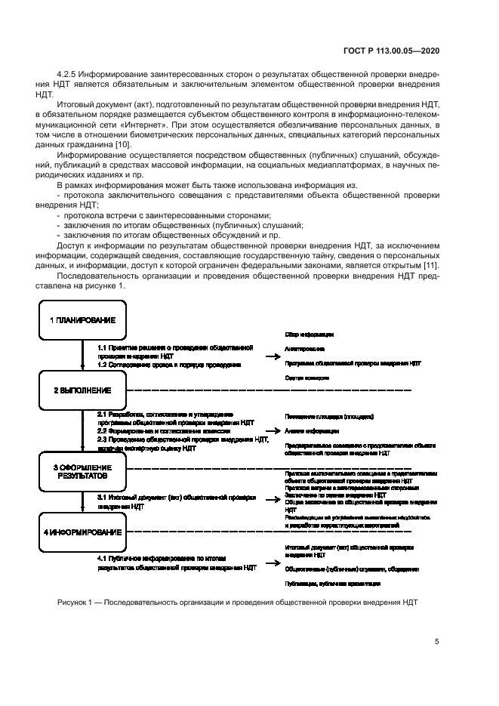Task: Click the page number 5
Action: [437, 642]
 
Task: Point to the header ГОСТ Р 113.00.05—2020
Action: [392, 50]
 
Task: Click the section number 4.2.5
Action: [68, 73]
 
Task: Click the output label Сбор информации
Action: [309, 334]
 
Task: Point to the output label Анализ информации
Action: [312, 431]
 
